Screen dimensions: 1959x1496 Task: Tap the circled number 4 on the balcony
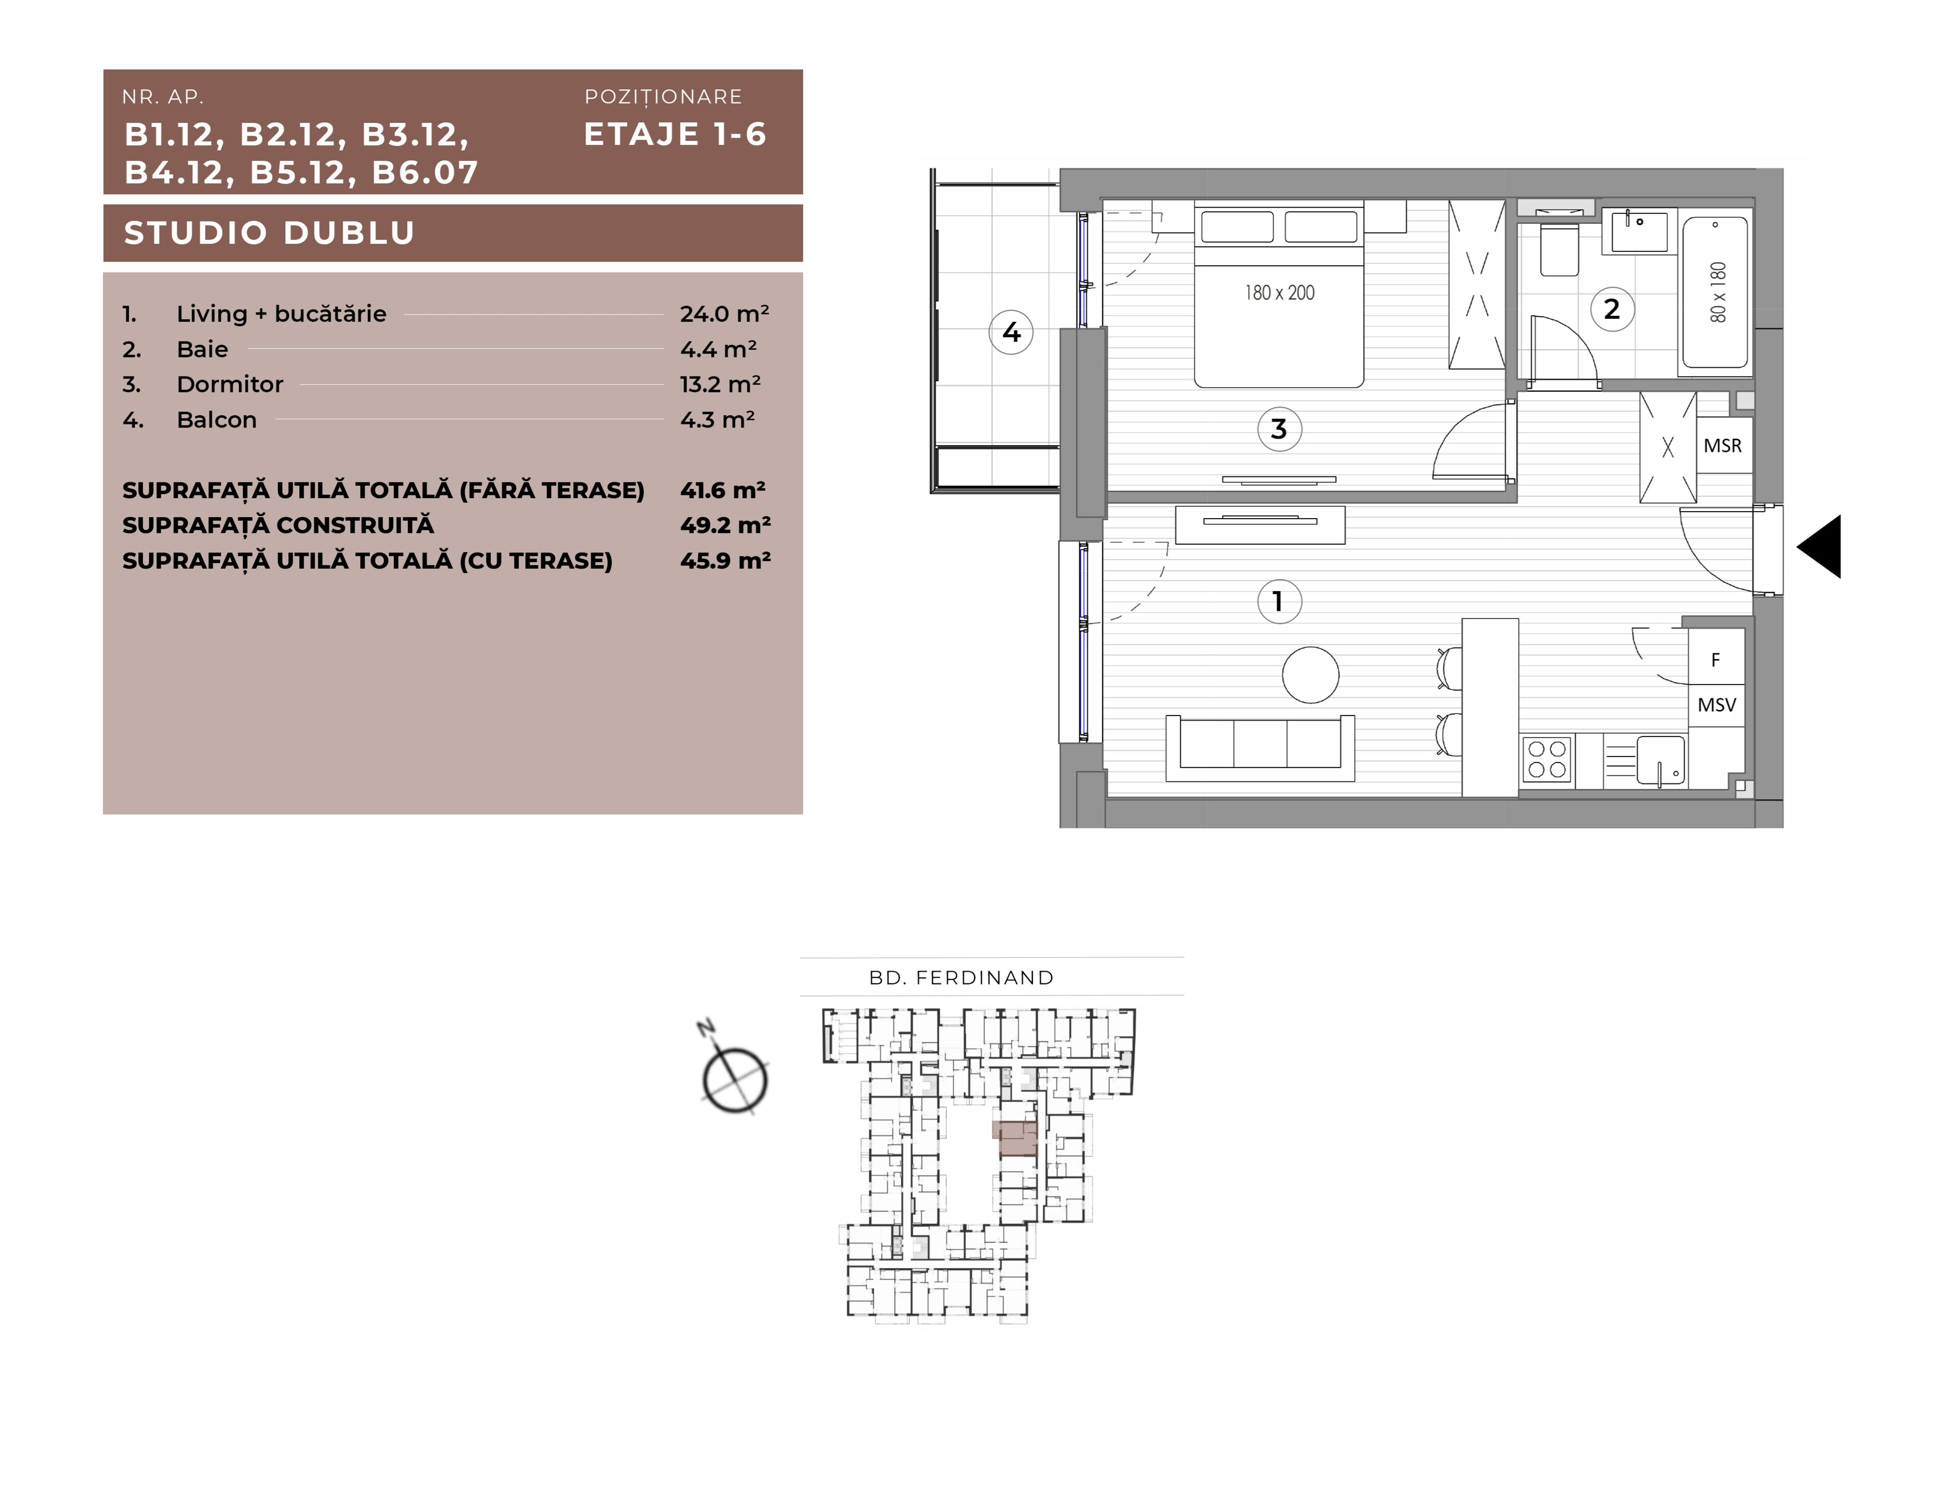pos(1012,332)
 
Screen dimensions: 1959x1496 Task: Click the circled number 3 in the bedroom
pos(1279,429)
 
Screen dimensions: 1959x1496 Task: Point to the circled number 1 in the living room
pos(1279,602)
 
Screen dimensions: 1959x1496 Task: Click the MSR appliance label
pos(1722,445)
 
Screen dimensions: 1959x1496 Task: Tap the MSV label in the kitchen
pos(1717,705)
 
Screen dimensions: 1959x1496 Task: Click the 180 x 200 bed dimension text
pos(1279,292)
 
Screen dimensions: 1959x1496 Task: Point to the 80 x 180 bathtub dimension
pos(1718,292)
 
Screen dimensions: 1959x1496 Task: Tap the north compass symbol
pos(733,1073)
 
